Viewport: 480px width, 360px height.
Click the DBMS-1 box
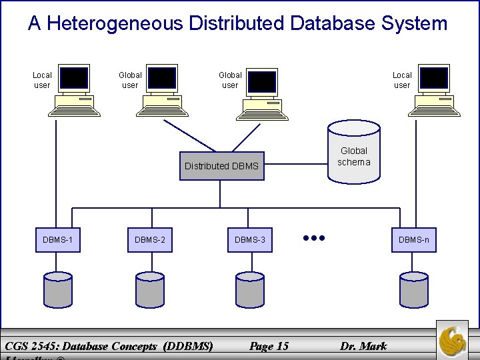click(x=59, y=239)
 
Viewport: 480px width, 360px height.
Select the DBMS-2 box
click(x=150, y=239)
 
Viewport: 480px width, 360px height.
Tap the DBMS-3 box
click(x=250, y=239)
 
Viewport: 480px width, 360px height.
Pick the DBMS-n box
click(x=414, y=239)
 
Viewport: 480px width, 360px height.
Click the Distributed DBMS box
click(x=221, y=166)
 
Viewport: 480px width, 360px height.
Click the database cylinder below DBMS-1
click(x=58, y=288)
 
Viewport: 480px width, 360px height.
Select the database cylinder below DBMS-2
click(x=149, y=288)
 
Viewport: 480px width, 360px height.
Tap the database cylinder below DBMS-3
click(x=250, y=288)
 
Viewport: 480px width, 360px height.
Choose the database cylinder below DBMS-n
click(x=414, y=288)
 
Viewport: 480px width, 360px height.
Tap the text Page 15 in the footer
click(x=269, y=345)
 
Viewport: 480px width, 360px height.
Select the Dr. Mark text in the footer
click(x=363, y=345)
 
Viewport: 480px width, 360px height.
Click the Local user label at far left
click(x=42, y=80)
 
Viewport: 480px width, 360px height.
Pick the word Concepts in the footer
click(x=133, y=345)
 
